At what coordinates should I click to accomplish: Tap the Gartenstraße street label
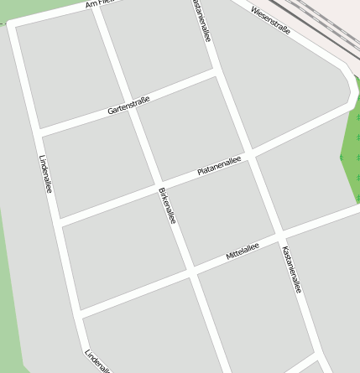129,106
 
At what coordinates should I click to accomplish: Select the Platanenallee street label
219,164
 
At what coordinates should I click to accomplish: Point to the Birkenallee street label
167,205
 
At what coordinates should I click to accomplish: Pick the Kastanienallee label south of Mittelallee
291,269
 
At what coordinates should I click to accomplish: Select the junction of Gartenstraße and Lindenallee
38,132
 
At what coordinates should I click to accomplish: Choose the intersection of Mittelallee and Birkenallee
192,272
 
